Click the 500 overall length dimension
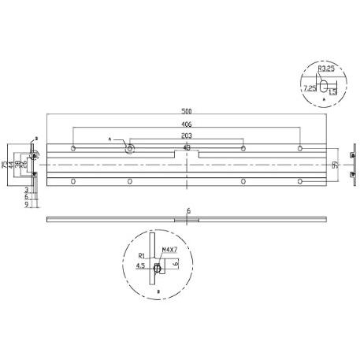tap(186, 112)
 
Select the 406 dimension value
tap(186, 124)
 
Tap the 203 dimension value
tap(186, 135)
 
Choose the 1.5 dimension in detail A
tap(334, 91)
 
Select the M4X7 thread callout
tap(169, 251)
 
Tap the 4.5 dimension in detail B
tap(139, 266)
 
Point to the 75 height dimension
tap(4, 165)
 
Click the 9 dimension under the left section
tap(26, 204)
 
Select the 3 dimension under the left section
tap(26, 190)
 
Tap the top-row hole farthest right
tap(299, 148)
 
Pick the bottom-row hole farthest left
tap(73, 181)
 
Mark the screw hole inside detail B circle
tap(158, 267)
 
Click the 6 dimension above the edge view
tap(188, 210)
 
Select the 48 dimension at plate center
tap(187, 147)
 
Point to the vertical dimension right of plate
tap(335, 165)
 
